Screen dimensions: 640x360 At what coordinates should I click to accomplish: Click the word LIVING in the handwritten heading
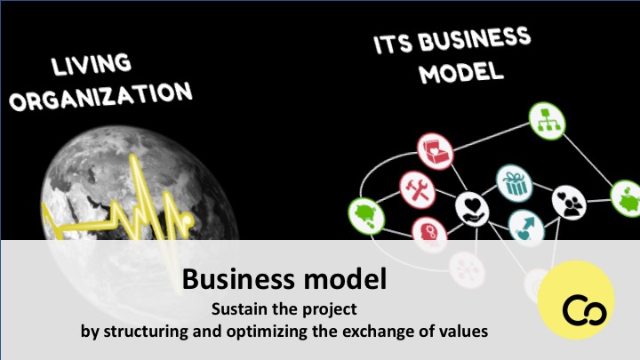coord(92,65)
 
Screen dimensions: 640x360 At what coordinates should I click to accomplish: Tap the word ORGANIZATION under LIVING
coord(100,97)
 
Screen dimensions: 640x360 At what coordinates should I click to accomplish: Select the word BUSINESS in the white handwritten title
coord(475,39)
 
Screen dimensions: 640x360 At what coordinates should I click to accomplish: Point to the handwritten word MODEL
coord(461,73)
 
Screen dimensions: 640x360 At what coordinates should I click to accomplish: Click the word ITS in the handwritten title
coord(393,44)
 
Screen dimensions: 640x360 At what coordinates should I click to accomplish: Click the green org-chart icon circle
coord(547,121)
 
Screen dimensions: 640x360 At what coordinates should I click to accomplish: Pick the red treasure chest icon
coord(435,151)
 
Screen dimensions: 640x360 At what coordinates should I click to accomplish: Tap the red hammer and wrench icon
coord(417,190)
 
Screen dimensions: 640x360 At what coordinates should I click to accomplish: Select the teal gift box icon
coord(515,183)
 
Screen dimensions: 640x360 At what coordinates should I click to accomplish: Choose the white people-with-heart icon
coord(569,203)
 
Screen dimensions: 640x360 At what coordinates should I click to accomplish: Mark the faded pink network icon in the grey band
coord(467,270)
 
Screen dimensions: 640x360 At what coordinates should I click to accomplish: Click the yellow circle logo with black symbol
coord(576,300)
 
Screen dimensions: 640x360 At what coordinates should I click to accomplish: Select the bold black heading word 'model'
coord(345,279)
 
